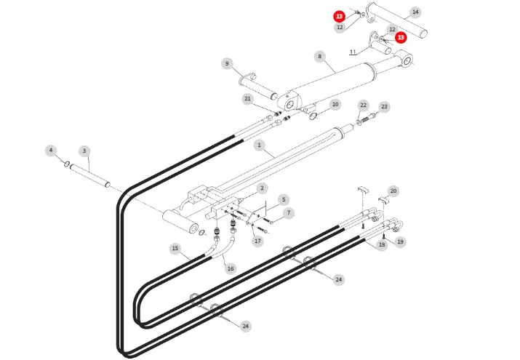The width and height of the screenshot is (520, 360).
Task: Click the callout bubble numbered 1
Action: coord(260,145)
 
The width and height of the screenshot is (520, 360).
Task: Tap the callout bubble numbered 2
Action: coord(262,188)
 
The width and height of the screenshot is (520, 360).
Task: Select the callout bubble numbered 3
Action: coord(84,151)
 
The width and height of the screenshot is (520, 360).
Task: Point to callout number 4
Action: coord(51,151)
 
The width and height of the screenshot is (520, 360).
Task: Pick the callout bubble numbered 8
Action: coord(320,57)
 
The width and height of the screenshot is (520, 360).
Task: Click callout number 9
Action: coord(227,64)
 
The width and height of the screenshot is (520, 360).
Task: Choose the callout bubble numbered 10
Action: coord(335,105)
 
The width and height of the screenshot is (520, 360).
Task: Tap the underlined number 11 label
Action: coord(353,52)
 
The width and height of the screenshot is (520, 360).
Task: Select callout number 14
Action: coord(415,12)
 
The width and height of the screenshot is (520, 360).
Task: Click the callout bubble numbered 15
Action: coord(175,248)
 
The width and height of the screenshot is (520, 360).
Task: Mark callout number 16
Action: coord(231,268)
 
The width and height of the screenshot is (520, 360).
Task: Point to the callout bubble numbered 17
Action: coord(257,241)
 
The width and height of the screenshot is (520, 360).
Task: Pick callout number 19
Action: coord(400,241)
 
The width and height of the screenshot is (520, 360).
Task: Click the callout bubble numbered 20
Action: coord(393,191)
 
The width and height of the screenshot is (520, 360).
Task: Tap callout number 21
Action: coord(248,99)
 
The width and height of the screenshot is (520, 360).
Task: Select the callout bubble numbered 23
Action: coord(384,107)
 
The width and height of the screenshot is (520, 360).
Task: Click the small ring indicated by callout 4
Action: coord(67,164)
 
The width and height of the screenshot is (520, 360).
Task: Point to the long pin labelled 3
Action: coord(90,175)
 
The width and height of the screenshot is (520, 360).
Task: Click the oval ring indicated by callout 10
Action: coord(313,116)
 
